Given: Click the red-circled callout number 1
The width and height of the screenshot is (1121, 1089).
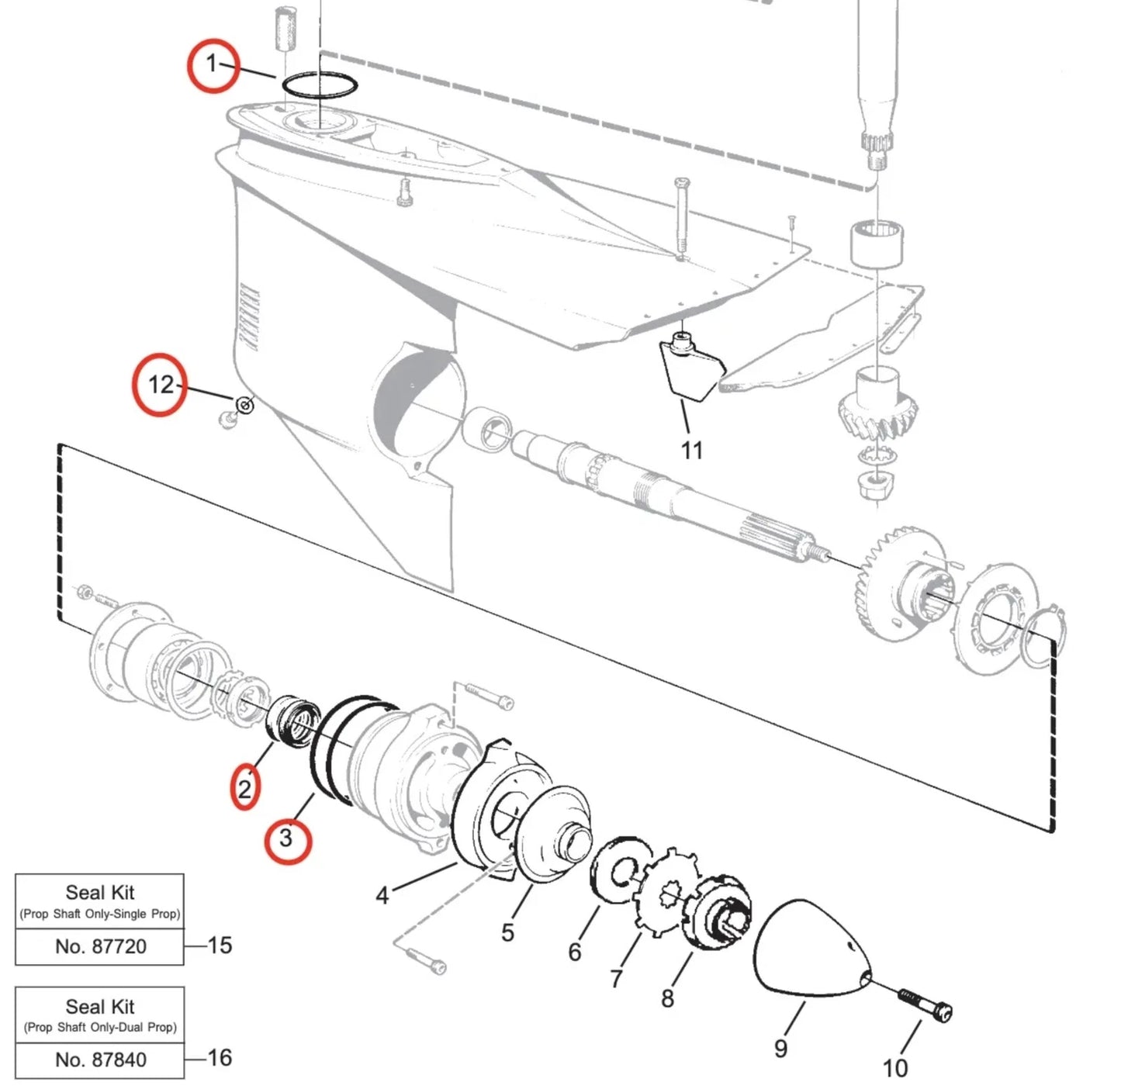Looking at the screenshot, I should (x=212, y=64).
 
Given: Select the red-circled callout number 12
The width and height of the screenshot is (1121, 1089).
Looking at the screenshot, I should (x=161, y=384).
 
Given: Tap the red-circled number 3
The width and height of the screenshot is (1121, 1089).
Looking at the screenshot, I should (x=286, y=838).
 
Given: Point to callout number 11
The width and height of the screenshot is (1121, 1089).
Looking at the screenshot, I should (x=691, y=450).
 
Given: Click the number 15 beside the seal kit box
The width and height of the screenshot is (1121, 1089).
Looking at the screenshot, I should (x=220, y=945).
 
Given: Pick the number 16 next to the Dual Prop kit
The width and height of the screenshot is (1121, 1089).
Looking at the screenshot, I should (x=220, y=1057).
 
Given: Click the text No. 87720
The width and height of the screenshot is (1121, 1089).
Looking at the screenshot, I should (x=101, y=946).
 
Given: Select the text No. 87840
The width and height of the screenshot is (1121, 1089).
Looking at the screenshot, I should (x=101, y=1060).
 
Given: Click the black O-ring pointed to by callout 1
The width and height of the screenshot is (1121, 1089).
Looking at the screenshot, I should (x=319, y=85).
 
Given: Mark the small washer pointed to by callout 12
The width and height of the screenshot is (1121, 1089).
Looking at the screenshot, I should (x=244, y=405).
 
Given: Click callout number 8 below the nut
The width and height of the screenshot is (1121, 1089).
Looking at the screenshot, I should (x=667, y=998).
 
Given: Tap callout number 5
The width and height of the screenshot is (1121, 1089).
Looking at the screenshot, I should (x=507, y=932).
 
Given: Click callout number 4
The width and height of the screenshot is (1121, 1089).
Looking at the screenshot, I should (x=382, y=896).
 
